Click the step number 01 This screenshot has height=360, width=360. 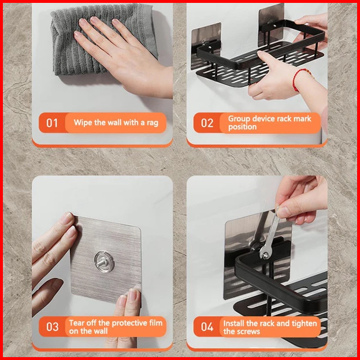click(x=52, y=123)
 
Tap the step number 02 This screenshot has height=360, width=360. click(x=207, y=123)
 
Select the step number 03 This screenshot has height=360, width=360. click(x=53, y=326)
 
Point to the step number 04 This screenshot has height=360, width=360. click(x=207, y=326)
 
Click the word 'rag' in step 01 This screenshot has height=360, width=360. click(x=153, y=123)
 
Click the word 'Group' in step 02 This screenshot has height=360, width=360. click(x=239, y=119)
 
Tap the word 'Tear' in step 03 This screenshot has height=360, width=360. click(x=77, y=323)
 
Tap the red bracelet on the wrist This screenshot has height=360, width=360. click(x=299, y=79)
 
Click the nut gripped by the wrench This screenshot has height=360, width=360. click(x=266, y=255)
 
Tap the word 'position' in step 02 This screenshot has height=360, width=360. click(x=242, y=127)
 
